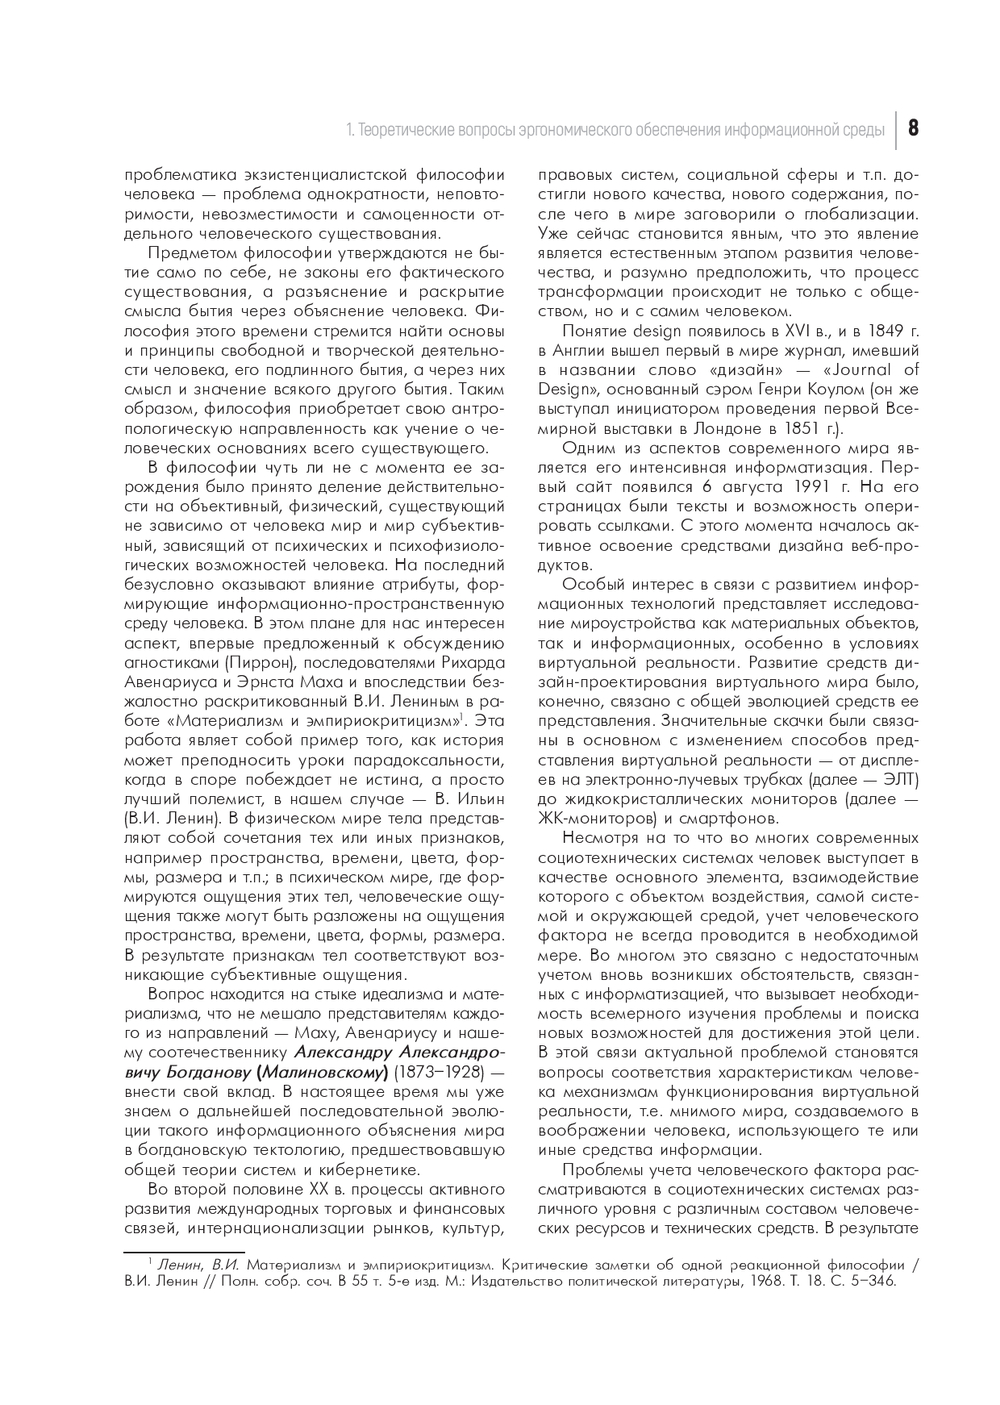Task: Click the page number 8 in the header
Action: coord(914,129)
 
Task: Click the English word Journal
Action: coord(886,370)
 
